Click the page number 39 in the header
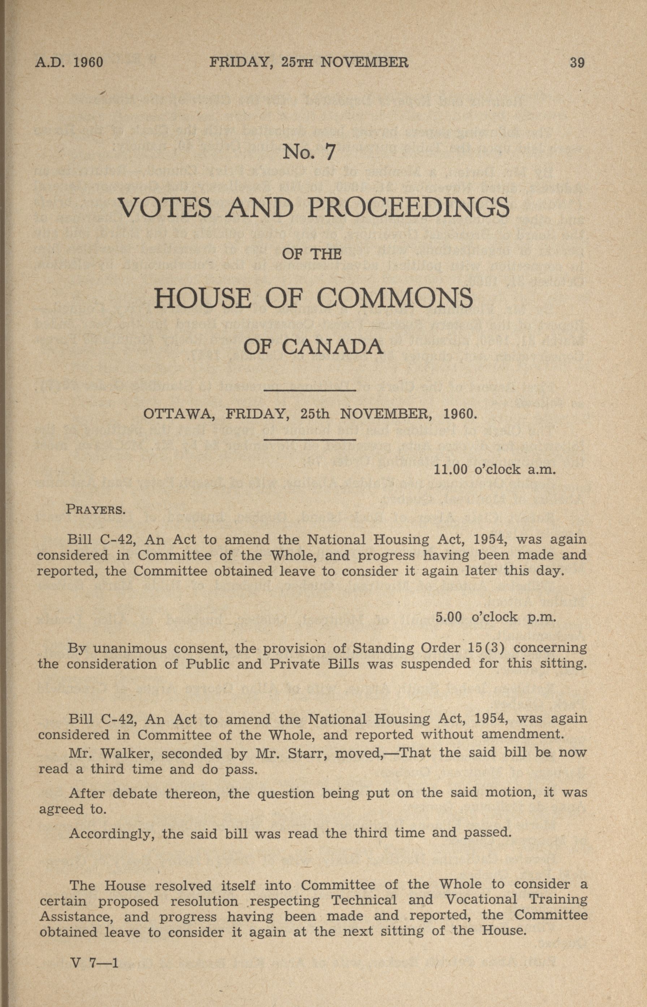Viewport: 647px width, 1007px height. tap(577, 62)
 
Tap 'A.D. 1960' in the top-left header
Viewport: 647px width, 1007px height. tap(69, 62)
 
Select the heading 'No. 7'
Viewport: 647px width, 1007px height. tap(309, 152)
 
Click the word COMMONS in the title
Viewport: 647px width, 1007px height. tap(394, 298)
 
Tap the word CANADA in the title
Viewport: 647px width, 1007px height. tap(332, 347)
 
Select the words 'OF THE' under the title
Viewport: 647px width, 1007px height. tap(311, 255)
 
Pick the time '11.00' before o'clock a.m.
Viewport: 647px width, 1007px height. tap(450, 470)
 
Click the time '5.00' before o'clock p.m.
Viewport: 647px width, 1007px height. tap(449, 617)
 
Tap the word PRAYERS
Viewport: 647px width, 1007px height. tap(96, 510)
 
